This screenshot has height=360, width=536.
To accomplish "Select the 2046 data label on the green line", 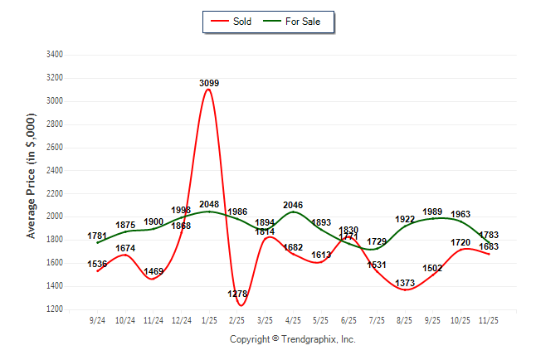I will [293, 204].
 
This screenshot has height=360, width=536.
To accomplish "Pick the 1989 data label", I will [432, 212].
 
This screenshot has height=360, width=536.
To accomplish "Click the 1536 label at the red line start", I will [97, 265].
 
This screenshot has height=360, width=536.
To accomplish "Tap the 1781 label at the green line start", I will [97, 236].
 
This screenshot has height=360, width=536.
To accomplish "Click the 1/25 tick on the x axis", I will [208, 319].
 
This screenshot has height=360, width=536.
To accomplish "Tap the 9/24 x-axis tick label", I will [97, 319].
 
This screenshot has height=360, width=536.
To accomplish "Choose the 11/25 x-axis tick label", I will [489, 319].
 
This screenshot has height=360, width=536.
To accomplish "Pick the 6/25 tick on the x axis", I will [348, 319].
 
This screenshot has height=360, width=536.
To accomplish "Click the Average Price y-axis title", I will [31, 179].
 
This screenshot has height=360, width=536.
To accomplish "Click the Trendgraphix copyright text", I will [292, 339].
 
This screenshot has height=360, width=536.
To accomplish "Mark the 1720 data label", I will [460, 243].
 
